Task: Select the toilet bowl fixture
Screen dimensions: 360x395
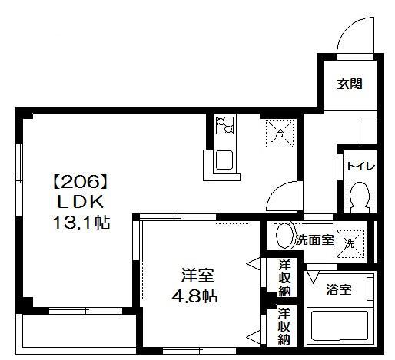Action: pos(358,198)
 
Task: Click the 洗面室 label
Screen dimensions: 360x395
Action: pos(315,240)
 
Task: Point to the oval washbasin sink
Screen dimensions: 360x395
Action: pos(284,236)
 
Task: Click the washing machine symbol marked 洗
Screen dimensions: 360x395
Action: pos(350,243)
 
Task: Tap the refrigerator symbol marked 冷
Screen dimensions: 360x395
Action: pos(280,133)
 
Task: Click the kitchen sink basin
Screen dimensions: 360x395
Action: pos(225,161)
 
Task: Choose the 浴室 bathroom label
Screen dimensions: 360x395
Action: pos(339,289)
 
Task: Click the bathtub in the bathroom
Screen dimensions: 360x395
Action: pos(339,327)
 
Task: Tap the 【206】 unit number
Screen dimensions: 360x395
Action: pos(77,183)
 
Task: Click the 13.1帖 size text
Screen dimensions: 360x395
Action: pos(77,224)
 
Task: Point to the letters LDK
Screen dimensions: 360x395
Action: pos(77,203)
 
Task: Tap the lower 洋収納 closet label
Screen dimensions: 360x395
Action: pos(284,325)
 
